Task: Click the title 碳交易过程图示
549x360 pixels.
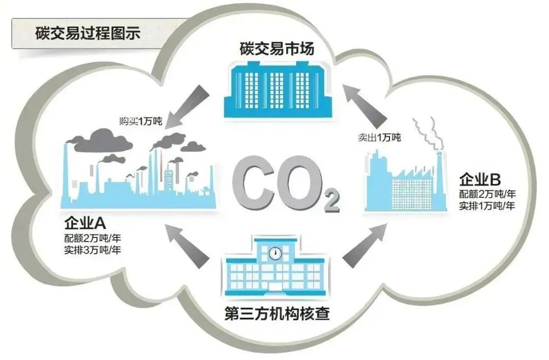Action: pos(88,33)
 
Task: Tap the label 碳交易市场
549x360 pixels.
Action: pos(277,49)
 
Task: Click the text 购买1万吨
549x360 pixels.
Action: pos(141,121)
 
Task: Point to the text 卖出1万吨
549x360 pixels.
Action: pos(379,137)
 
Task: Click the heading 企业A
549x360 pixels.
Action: pos(85,223)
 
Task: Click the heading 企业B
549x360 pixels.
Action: pos(480,179)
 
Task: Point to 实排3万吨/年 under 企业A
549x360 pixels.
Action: pos(93,250)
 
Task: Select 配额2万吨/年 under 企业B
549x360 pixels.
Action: pos(487,194)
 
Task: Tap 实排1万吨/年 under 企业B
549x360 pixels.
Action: pos(487,205)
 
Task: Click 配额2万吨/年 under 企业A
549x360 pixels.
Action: pos(93,238)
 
